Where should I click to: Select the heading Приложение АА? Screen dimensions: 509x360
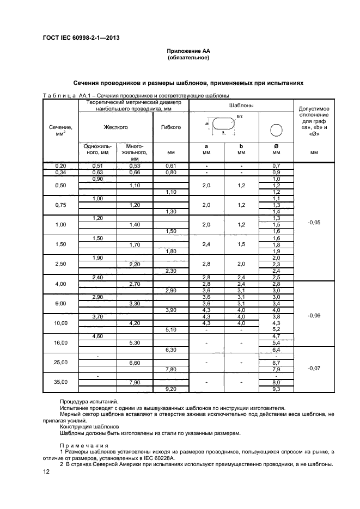188,51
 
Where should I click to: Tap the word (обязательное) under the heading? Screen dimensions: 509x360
188,57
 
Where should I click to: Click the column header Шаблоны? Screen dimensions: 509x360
240,105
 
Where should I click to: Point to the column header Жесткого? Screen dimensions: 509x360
115,127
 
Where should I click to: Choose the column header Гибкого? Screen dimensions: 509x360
171,127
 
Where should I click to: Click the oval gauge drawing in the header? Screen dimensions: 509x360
223,125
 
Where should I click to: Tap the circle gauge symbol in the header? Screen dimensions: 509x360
276,130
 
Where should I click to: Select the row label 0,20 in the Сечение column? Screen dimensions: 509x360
60,165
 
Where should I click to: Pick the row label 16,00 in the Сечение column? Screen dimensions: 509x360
60,343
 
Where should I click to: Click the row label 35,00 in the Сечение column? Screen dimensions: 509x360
60,382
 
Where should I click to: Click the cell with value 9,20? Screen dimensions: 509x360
171,389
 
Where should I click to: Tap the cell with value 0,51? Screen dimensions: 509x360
98,165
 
